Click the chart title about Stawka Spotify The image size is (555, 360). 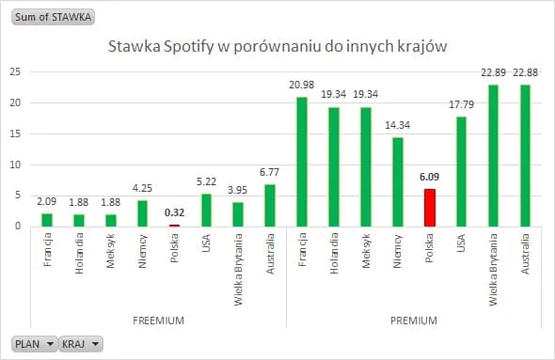pyautogui.click(x=277, y=45)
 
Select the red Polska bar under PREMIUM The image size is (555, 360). pyautogui.click(x=430, y=208)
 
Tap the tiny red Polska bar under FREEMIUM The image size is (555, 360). pyautogui.click(x=174, y=225)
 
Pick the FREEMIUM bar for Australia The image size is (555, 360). pyautogui.click(x=270, y=205)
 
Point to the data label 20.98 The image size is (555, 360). pyautogui.click(x=302, y=86)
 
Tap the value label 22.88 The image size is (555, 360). pyautogui.click(x=526, y=73)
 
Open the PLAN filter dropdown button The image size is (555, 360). pyautogui.click(x=33, y=344)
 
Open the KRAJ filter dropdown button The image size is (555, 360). pyautogui.click(x=81, y=344)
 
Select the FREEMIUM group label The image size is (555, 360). pyautogui.click(x=157, y=321)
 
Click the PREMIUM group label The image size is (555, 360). pyautogui.click(x=413, y=321)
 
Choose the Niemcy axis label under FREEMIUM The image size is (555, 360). pyautogui.click(x=142, y=250)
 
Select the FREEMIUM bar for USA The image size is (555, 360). pyautogui.click(x=206, y=210)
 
